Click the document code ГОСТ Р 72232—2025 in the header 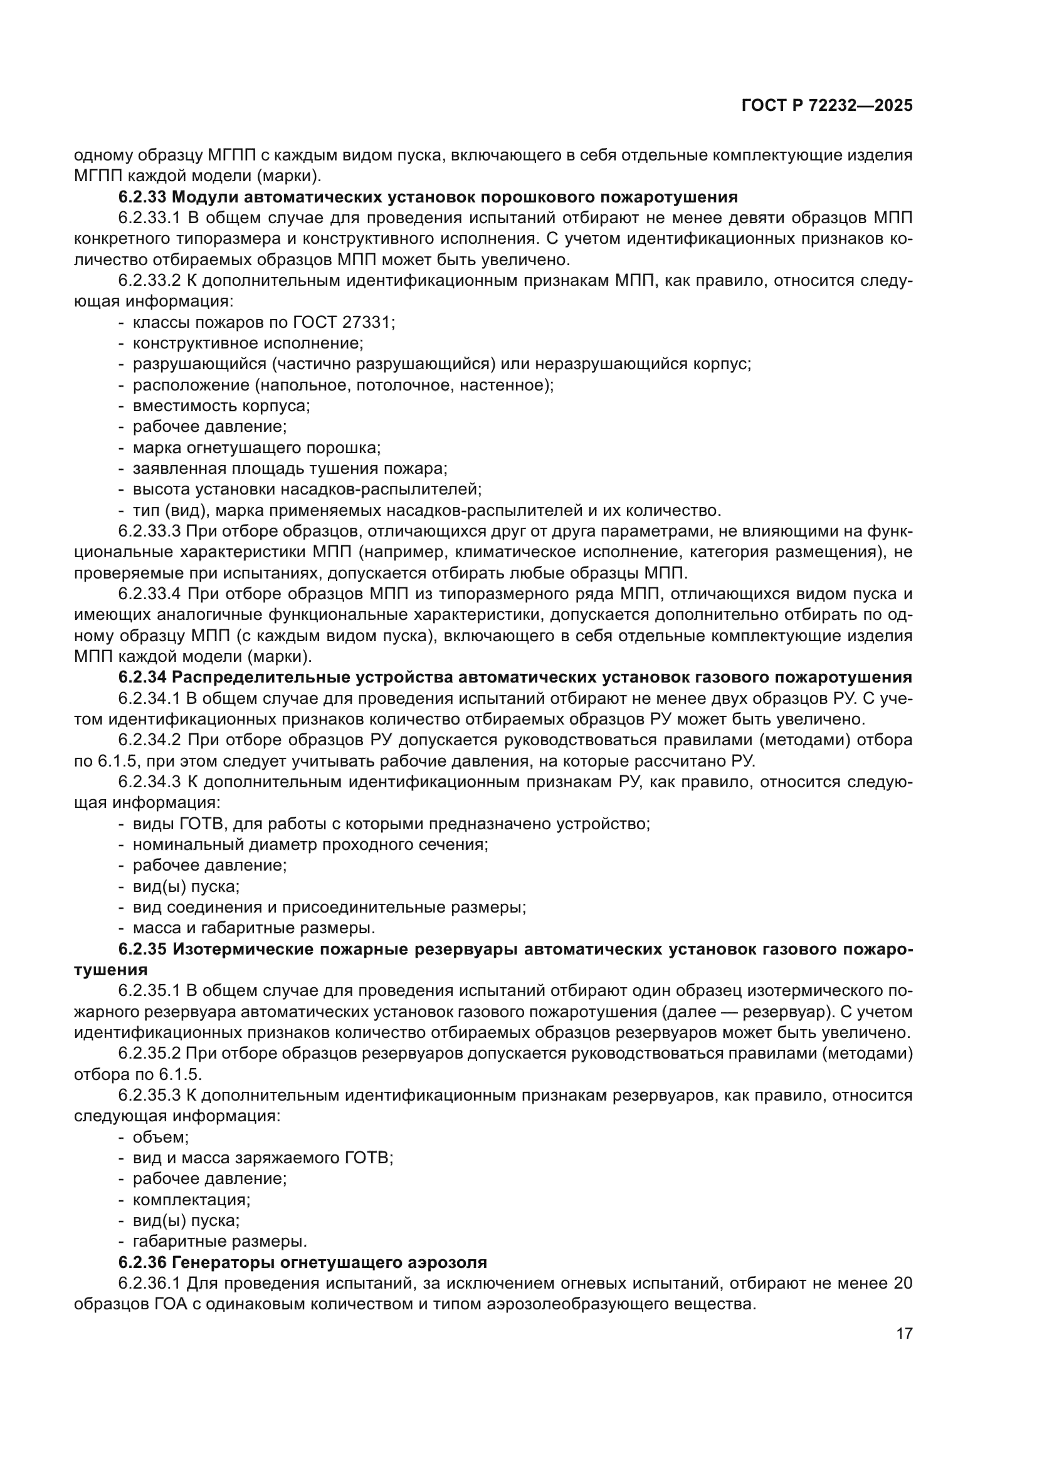point(827,106)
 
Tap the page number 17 point(904,1333)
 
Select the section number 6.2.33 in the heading point(142,197)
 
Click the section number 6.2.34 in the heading point(142,678)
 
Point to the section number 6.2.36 point(142,1262)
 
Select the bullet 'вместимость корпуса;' point(221,406)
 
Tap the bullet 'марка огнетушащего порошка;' point(256,448)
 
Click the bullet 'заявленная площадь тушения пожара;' point(290,469)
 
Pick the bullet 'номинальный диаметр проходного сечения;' point(310,845)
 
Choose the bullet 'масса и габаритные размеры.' point(253,928)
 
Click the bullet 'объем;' point(161,1137)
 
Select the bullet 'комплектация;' point(192,1200)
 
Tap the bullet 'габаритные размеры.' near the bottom point(219,1241)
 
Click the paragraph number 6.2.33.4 point(150,594)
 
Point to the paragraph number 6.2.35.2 point(150,1054)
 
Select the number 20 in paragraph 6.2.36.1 point(902,1284)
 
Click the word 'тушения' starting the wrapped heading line point(110,970)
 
